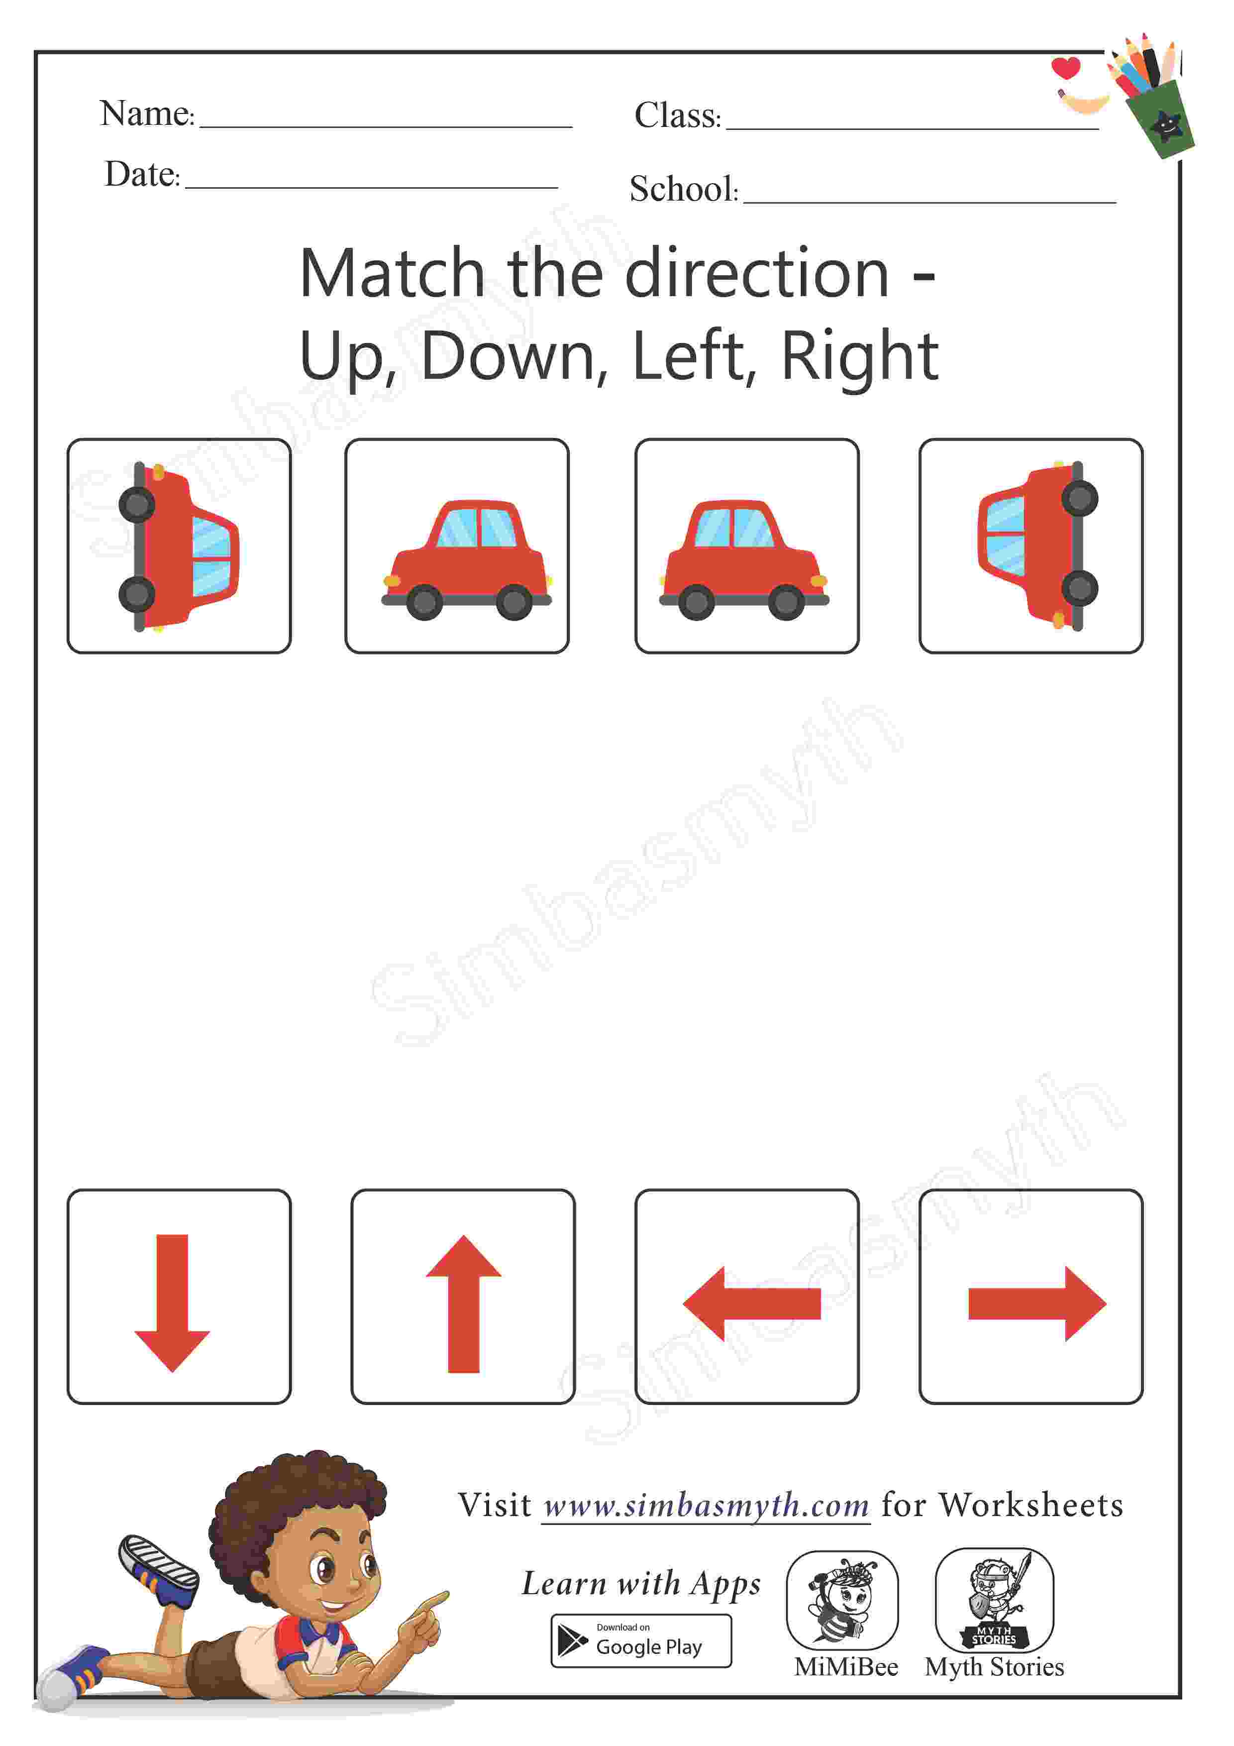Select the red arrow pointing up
click(463, 1304)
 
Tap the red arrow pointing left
click(752, 1304)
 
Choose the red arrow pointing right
click(1037, 1304)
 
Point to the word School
click(682, 189)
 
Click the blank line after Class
click(913, 128)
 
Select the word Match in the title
click(392, 273)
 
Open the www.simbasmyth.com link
click(707, 1506)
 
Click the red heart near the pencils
click(1066, 68)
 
